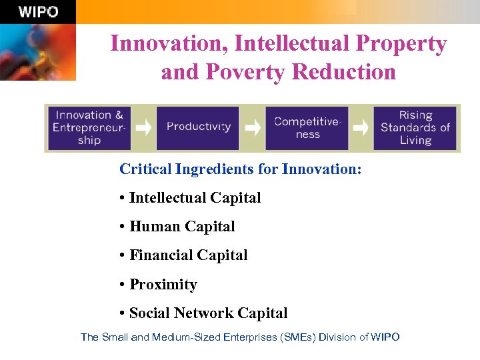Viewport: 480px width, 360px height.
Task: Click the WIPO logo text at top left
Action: tap(38, 12)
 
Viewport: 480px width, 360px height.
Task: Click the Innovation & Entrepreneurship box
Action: tap(89, 128)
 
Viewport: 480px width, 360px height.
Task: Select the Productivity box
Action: tap(198, 127)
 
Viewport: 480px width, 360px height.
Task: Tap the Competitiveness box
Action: tap(307, 128)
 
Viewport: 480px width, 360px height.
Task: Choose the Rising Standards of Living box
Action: tap(415, 128)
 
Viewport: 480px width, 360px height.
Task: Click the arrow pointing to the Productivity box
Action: tap(143, 127)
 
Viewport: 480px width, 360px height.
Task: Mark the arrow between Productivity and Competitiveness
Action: tap(252, 127)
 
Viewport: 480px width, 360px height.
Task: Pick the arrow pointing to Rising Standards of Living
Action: tap(361, 127)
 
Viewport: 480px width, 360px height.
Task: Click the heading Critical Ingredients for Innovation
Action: tap(240, 169)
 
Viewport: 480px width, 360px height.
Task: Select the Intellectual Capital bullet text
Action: tap(195, 198)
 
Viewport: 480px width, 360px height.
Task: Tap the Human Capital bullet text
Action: tap(182, 227)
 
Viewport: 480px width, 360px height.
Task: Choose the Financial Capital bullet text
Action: tap(188, 255)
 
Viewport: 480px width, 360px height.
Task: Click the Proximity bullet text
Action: tap(163, 285)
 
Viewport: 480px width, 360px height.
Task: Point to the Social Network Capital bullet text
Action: tap(208, 313)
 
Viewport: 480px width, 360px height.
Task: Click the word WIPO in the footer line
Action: tap(385, 337)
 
